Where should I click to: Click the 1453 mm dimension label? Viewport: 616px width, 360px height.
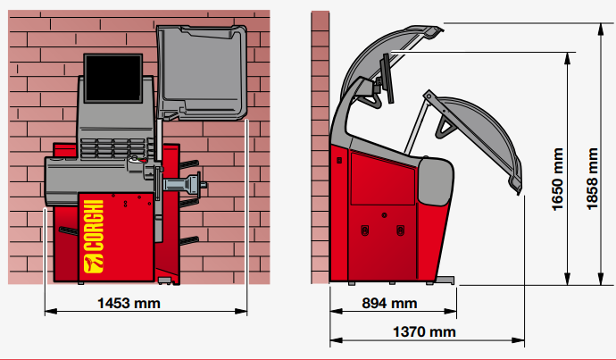pyautogui.click(x=129, y=304)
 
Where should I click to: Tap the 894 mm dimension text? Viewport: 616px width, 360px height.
pyautogui.click(x=389, y=304)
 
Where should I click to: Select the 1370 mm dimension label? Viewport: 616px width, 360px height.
pyautogui.click(x=424, y=332)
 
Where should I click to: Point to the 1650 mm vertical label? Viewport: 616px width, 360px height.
pyautogui.click(x=557, y=180)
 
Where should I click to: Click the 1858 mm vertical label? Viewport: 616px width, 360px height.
pyautogui.click(x=592, y=180)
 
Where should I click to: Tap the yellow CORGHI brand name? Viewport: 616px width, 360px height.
pyautogui.click(x=94, y=225)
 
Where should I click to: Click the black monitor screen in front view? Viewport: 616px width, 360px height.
pyautogui.click(x=113, y=79)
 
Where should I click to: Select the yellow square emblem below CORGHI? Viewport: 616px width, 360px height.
pyautogui.click(x=94, y=264)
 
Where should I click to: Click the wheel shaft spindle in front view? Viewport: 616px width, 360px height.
pyautogui.click(x=185, y=184)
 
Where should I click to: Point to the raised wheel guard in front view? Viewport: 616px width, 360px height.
pyautogui.click(x=202, y=72)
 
